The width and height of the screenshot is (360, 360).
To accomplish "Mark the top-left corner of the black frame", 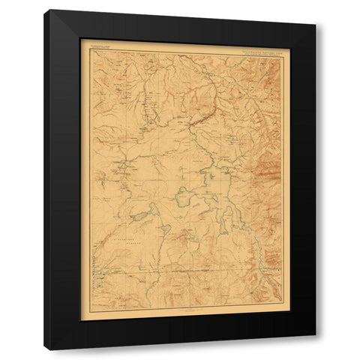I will pos(45,10).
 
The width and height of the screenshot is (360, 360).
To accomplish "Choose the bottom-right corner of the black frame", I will pos(316,336).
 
